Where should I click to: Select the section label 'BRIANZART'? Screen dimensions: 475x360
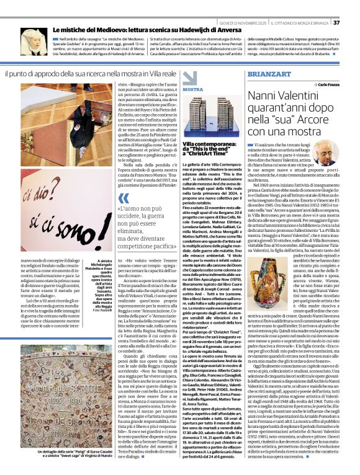[x=269, y=73]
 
